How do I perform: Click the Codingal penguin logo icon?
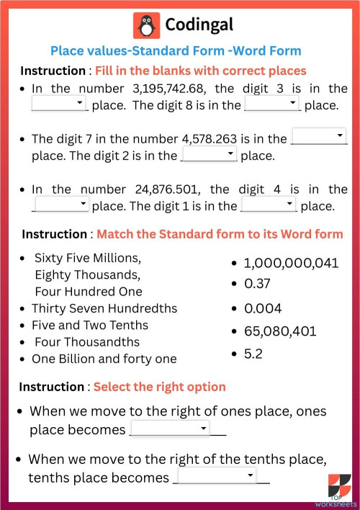(x=146, y=25)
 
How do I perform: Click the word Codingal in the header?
(x=199, y=25)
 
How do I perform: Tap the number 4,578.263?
(x=219, y=138)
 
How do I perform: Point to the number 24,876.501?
(x=168, y=189)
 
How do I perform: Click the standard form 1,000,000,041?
(x=291, y=263)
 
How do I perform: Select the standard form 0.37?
(x=257, y=284)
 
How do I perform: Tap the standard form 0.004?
(x=263, y=308)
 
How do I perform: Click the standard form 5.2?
(x=253, y=354)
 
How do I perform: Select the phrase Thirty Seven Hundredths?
(x=104, y=308)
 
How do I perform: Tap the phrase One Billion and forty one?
(x=104, y=358)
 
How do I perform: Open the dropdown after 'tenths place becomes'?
(x=217, y=476)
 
